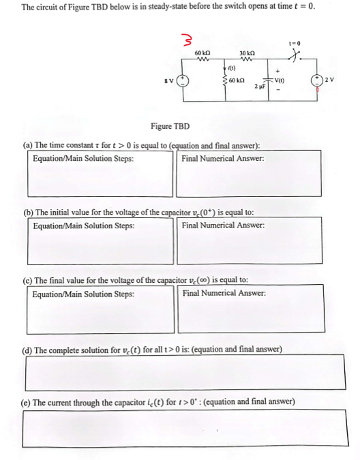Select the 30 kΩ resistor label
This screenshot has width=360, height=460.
[x=247, y=52]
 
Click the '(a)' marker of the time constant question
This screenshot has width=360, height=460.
[x=28, y=144]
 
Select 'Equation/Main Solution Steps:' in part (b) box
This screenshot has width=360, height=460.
[x=83, y=226]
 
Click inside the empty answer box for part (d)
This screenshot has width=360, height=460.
[x=183, y=373]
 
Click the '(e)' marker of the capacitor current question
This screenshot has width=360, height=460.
[x=28, y=401]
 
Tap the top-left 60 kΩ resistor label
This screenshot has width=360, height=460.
[x=202, y=52]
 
